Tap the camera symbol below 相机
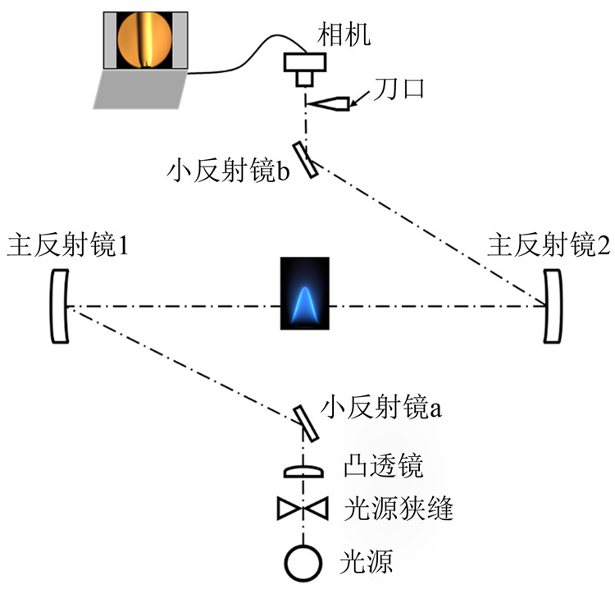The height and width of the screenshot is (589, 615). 304,68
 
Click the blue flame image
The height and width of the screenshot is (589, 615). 304,294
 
